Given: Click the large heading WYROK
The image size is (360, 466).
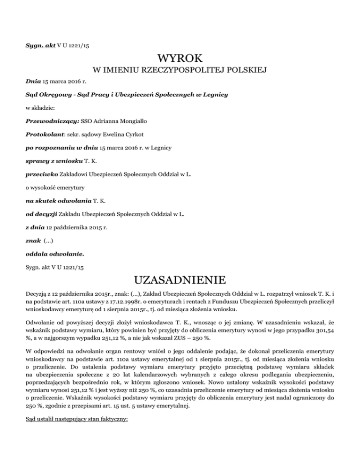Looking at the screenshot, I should (x=180, y=59).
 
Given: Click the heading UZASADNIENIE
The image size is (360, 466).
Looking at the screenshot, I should (x=180, y=282).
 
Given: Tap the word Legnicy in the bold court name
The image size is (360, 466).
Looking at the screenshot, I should (x=214, y=94).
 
